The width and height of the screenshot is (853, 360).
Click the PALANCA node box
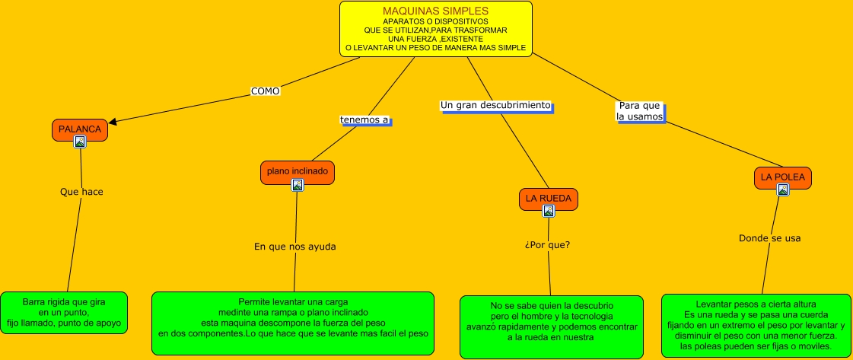click(x=80, y=129)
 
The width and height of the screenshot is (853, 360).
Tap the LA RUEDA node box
click(x=548, y=199)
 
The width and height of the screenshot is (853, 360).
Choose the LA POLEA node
click(x=782, y=177)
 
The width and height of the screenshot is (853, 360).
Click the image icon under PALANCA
click(x=80, y=141)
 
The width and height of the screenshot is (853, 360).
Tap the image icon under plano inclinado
click(x=298, y=184)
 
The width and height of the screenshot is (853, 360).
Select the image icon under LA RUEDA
click(x=549, y=211)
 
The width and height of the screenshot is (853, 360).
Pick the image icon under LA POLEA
click(x=782, y=190)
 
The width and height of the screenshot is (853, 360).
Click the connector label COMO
click(x=266, y=91)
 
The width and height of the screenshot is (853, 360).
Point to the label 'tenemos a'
click(x=364, y=119)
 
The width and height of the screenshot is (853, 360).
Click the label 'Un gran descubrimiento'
click(x=495, y=105)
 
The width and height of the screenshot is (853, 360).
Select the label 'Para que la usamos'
click(x=639, y=111)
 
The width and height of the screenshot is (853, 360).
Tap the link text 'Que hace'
click(x=81, y=192)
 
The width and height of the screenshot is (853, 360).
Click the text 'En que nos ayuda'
click(x=294, y=247)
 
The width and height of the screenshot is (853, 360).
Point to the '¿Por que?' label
click(x=547, y=245)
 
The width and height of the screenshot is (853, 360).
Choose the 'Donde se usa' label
click(x=769, y=238)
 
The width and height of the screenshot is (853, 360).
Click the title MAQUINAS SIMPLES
click(x=435, y=11)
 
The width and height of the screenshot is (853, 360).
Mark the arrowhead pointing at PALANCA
click(x=113, y=120)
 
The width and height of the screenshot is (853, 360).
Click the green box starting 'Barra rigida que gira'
click(x=65, y=313)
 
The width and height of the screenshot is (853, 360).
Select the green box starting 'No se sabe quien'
click(x=551, y=327)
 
